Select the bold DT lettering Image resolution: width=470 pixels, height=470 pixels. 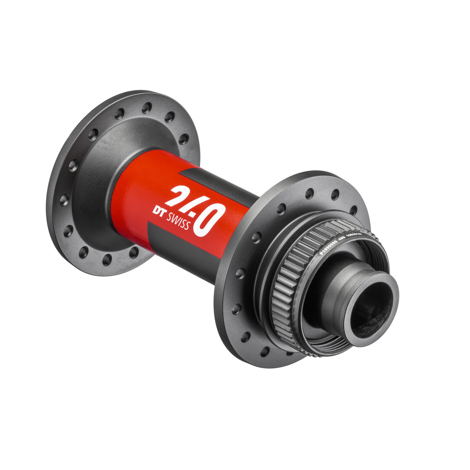159,210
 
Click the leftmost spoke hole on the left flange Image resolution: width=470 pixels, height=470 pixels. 64,200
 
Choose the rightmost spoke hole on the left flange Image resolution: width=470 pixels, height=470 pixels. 183,139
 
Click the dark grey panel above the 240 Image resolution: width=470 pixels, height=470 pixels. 218,183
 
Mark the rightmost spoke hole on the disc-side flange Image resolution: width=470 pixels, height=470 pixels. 353,210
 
